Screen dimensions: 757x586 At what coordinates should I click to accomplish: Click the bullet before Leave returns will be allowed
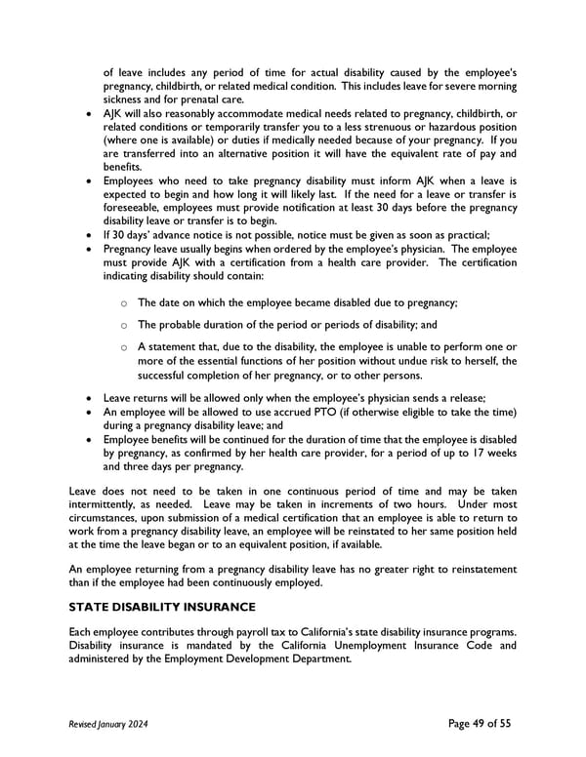[x=90, y=398]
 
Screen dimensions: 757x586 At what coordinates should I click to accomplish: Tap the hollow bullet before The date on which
[x=124, y=303]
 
